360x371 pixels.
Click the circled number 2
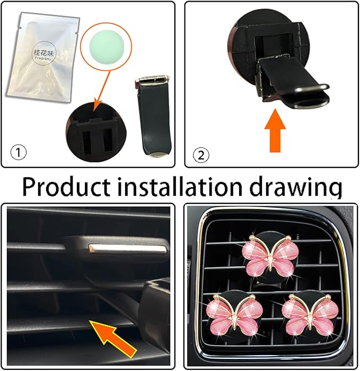tap(202, 155)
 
